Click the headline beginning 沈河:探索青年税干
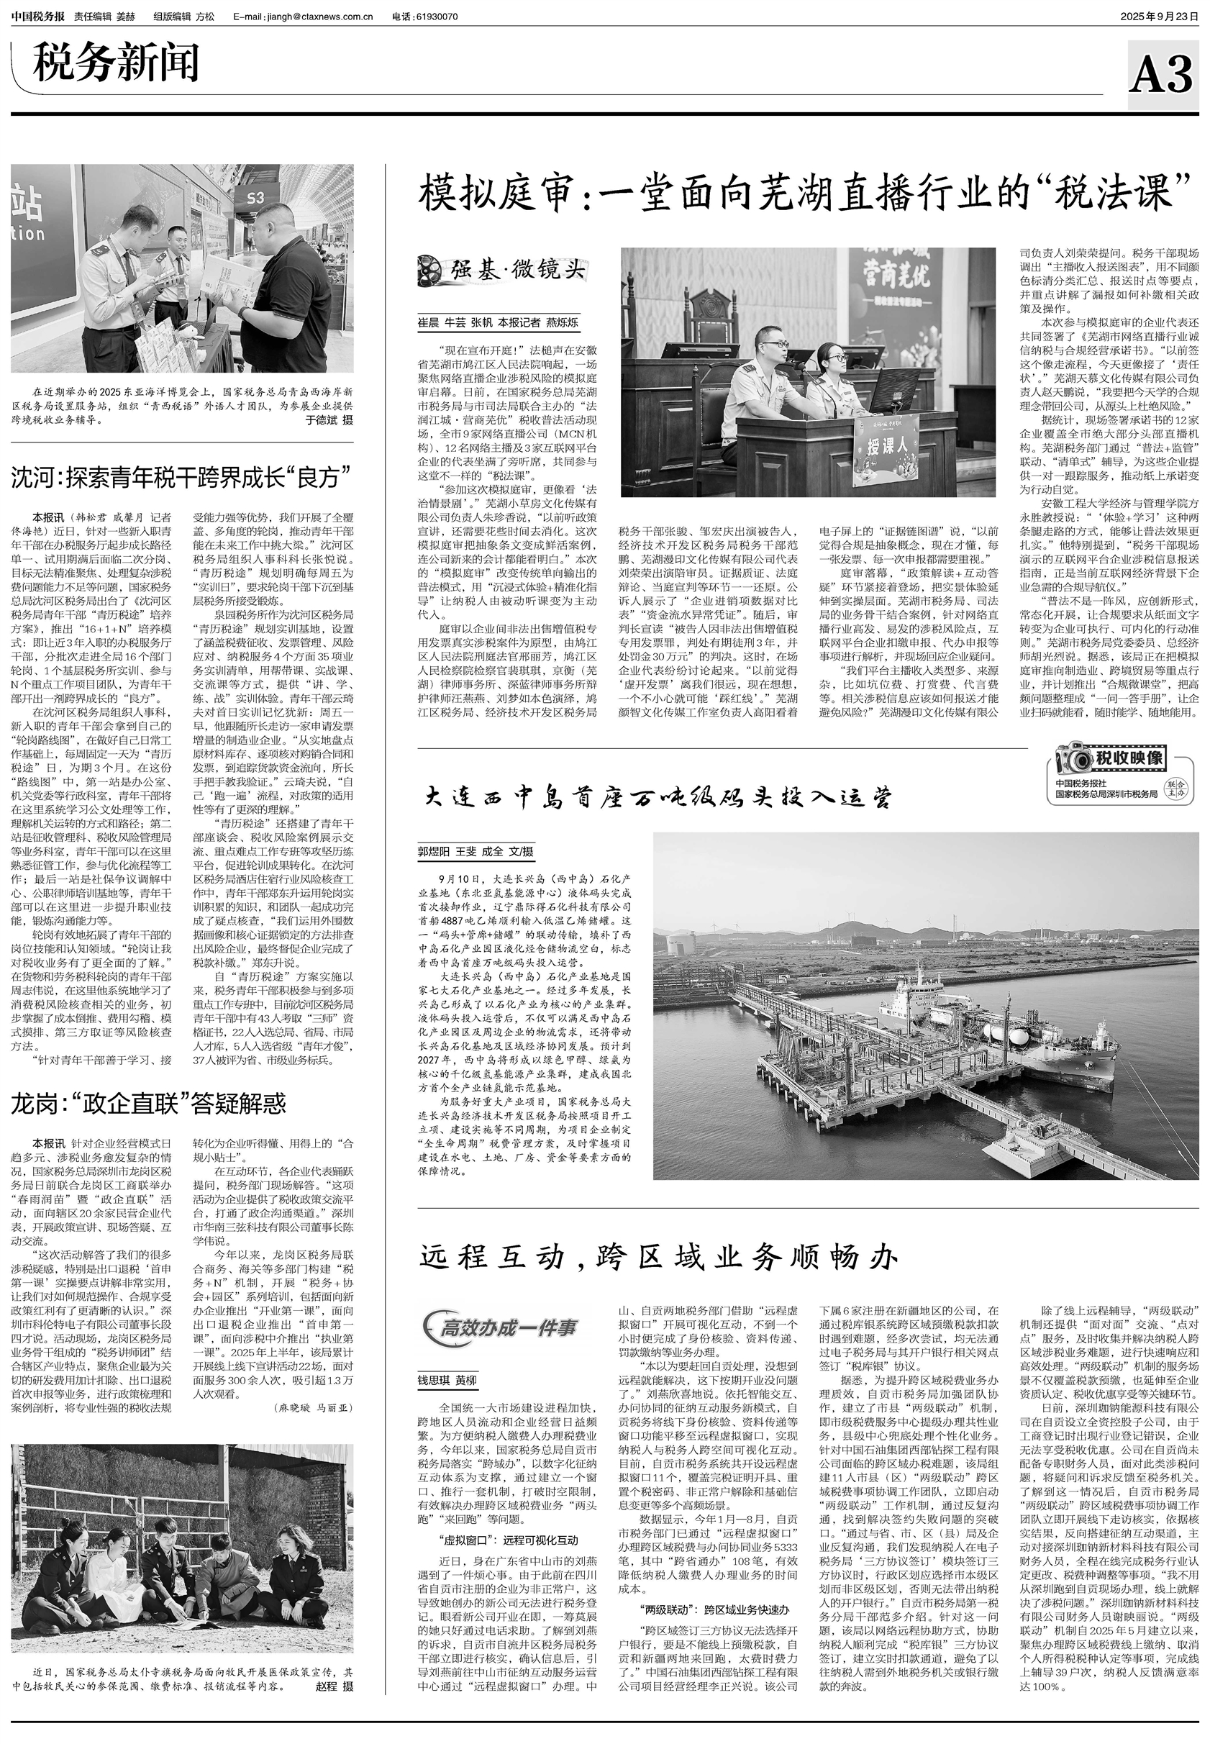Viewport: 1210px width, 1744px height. (x=181, y=478)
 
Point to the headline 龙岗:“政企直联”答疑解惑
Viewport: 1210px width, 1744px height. (x=149, y=1103)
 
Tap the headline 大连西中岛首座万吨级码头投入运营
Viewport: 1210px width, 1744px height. (x=658, y=797)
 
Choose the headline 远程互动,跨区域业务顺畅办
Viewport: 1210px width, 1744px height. (x=658, y=1258)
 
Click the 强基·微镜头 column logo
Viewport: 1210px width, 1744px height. (x=504, y=268)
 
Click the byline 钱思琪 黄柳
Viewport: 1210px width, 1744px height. (x=447, y=1381)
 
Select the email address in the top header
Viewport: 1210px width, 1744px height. (x=304, y=17)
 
